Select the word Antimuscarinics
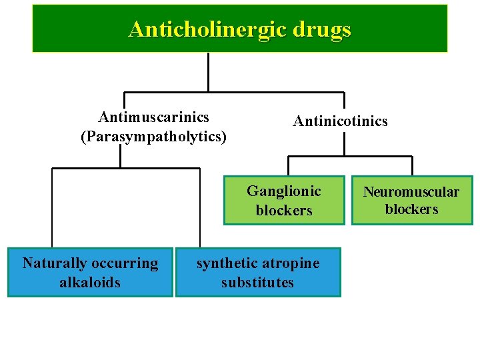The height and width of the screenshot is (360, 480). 153,118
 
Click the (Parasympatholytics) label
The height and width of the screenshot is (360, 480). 153,137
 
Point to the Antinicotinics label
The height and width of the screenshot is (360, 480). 340,121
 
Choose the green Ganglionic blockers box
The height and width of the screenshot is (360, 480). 284,200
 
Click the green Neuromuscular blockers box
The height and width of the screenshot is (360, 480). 411,200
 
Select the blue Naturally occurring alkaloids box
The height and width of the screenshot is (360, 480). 90,272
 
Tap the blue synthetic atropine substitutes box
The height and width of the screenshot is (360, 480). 258,272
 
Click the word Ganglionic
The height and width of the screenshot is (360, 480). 284,191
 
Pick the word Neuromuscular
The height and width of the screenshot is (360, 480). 411,192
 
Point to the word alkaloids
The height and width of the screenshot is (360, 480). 90,282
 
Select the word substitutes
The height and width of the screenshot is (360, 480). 258,282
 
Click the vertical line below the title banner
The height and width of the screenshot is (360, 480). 209,71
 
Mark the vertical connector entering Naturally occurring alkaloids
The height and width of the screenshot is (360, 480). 53,207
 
